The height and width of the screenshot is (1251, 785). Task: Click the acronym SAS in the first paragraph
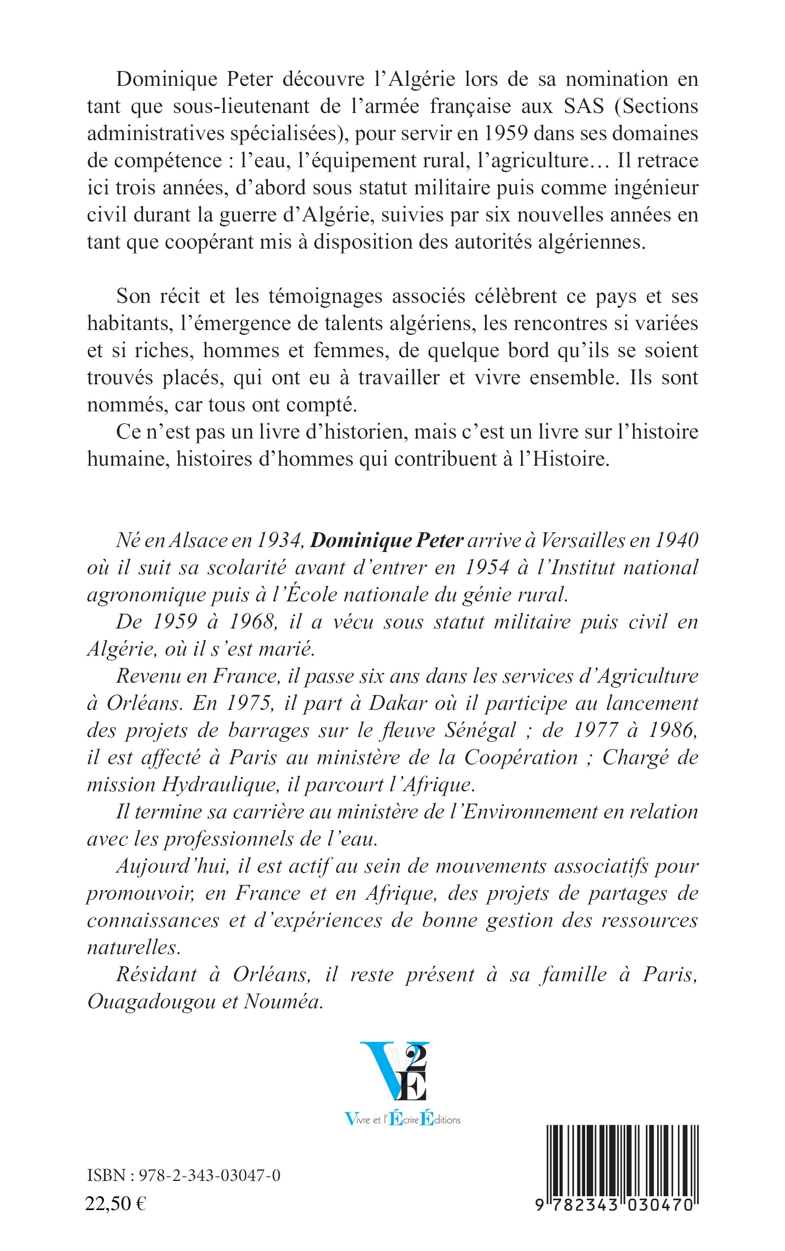point(584,107)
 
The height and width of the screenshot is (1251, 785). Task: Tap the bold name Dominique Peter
point(386,540)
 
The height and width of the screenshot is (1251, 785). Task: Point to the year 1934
point(279,540)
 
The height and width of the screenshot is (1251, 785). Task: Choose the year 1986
point(670,730)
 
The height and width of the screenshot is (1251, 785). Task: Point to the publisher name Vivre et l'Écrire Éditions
point(402,1119)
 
